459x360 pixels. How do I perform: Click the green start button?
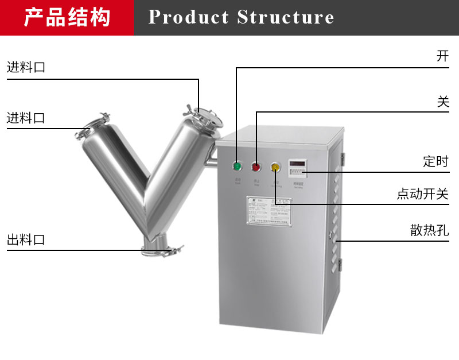pyautogui.click(x=236, y=167)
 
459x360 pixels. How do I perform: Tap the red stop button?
pyautogui.click(x=256, y=167)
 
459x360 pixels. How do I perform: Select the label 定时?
pyautogui.click(x=435, y=161)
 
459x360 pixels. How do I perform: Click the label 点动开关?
pyautogui.click(x=422, y=194)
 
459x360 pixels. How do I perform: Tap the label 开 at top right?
pyautogui.click(x=442, y=56)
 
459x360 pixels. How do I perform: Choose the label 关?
pyautogui.click(x=442, y=102)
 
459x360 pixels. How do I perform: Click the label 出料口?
pyautogui.click(x=26, y=240)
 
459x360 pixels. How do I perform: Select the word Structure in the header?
pyautogui.click(x=285, y=17)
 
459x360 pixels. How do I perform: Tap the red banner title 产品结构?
pyautogui.click(x=67, y=17)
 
